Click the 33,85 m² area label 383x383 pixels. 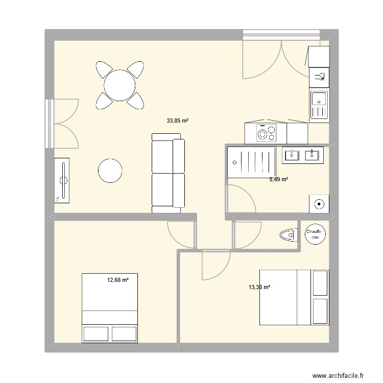pyautogui.click(x=178, y=121)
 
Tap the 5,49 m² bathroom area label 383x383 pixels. pyautogui.click(x=278, y=180)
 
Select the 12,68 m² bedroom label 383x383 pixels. pyautogui.click(x=117, y=279)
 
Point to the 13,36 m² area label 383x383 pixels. pyautogui.click(x=259, y=287)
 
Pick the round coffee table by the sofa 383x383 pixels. pyautogui.click(x=111, y=171)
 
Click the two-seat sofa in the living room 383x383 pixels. pyautogui.click(x=168, y=173)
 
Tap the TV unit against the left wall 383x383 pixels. pyautogui.click(x=64, y=180)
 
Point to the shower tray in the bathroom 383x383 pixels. pyautogui.click(x=253, y=163)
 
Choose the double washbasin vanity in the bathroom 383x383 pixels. pyautogui.click(x=302, y=155)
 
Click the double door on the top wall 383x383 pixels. pyautogui.click(x=281, y=56)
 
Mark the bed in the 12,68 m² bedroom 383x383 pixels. pyautogui.click(x=110, y=308)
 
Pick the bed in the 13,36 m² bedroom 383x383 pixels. pyautogui.click(x=294, y=296)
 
